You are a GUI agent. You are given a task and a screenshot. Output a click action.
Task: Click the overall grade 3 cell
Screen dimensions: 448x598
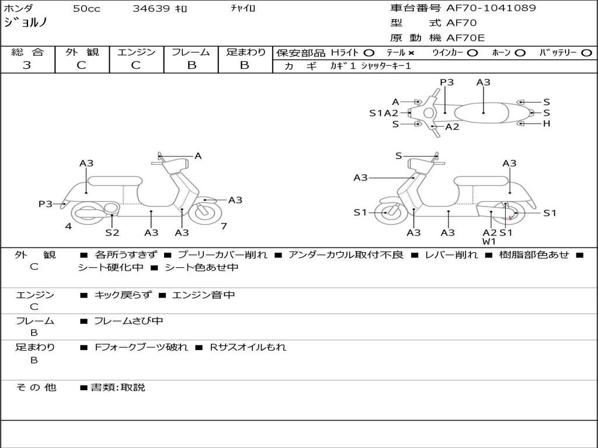pos(27,65)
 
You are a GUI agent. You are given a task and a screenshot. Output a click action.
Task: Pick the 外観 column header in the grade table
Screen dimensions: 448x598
pos(82,52)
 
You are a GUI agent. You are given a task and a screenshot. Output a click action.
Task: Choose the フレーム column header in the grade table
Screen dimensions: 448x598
pos(191,52)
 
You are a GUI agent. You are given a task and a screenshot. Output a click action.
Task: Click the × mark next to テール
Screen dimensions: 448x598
pos(411,53)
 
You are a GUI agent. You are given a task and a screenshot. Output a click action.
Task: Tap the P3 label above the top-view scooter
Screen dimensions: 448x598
pos(447,82)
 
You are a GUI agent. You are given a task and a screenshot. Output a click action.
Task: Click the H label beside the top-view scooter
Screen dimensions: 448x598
pos(547,124)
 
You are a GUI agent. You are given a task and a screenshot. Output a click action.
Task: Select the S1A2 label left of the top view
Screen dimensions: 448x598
pos(384,113)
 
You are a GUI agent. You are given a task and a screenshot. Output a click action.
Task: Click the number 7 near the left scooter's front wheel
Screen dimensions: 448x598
pos(224,226)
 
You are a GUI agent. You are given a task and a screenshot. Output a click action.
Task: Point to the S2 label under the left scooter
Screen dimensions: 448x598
pos(112,233)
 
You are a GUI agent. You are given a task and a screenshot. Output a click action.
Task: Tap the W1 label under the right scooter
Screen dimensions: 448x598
pos(489,242)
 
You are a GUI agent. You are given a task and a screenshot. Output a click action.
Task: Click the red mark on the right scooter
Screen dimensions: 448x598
pos(510,218)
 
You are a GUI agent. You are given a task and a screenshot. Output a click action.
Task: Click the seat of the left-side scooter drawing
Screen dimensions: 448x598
pos(114,180)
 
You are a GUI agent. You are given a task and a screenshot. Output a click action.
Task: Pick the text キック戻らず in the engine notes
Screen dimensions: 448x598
pos(122,295)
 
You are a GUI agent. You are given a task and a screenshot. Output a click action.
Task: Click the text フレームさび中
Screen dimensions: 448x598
pos(128,321)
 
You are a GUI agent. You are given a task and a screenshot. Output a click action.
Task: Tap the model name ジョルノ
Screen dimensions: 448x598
pos(26,23)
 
